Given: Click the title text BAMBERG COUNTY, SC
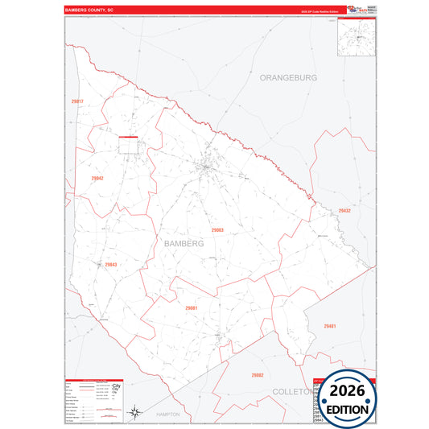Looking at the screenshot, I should coord(92,10).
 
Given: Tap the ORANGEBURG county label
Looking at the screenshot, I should coord(288,77).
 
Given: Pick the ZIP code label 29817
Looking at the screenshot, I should coord(78,101).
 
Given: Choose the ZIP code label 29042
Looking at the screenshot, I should coord(97,179).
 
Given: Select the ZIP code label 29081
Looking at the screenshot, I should coord(191,308).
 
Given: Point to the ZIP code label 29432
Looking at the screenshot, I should coord(344,210).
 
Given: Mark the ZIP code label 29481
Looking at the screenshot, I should coord(329,326).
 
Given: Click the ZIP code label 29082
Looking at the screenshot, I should coord(256,375).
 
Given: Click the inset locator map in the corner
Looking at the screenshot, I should coord(357,37).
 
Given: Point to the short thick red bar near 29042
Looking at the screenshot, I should coord(129,138).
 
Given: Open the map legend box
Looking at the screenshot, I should coord(92,401).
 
